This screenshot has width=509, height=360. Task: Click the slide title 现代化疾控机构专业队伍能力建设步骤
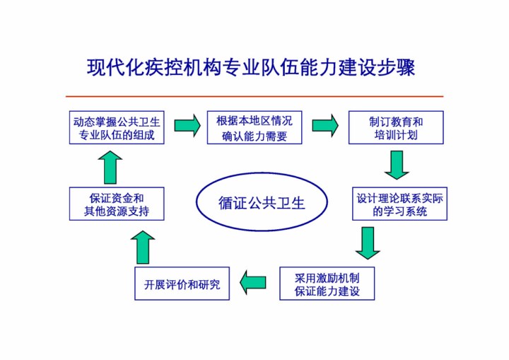[250, 68]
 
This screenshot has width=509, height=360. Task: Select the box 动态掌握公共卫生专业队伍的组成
[117, 127]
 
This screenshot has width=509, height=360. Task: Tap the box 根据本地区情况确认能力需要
[255, 127]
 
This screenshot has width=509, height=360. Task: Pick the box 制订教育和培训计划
[396, 127]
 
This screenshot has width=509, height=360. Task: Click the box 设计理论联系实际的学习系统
[400, 204]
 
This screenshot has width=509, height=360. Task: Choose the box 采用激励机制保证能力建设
[327, 284]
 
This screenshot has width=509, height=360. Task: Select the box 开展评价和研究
[182, 284]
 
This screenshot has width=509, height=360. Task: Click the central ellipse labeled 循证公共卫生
[261, 204]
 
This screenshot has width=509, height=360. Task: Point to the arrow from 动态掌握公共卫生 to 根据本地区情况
[187, 125]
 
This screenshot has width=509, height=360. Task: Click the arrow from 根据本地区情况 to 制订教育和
[324, 125]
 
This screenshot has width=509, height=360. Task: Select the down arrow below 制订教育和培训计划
[397, 165]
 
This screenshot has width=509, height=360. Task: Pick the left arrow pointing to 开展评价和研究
[253, 282]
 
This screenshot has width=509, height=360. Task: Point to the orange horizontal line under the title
[255, 96]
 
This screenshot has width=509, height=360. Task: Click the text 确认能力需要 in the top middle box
[255, 136]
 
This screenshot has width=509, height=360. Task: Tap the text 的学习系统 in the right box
[400, 211]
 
